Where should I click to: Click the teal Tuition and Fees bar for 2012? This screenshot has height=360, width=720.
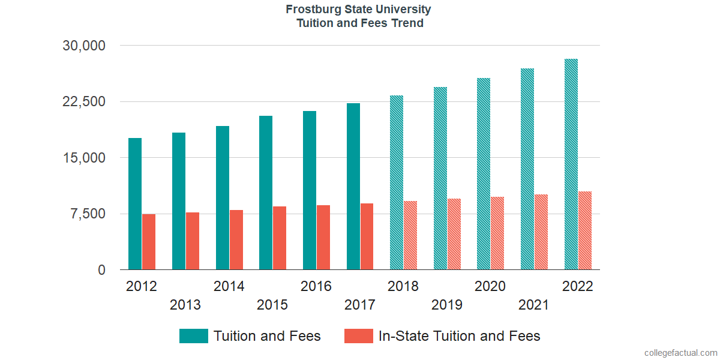(135, 204)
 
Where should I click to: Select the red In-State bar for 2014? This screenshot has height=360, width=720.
(236, 240)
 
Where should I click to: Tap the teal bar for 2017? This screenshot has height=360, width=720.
(353, 187)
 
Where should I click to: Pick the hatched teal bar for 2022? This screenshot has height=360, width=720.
(571, 164)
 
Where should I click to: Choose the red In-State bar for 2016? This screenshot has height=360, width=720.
(323, 238)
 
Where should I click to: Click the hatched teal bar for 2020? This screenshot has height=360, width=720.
(484, 174)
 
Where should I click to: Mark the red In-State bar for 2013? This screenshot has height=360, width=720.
(193, 241)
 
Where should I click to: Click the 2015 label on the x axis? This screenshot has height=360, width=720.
(272, 305)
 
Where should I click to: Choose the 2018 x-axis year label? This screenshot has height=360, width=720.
(403, 286)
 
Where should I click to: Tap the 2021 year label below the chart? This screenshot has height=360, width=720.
(534, 305)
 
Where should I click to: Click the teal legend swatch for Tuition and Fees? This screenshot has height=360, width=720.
(194, 336)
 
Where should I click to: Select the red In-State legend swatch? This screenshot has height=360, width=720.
(359, 336)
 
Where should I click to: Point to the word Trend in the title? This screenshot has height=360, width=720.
(407, 23)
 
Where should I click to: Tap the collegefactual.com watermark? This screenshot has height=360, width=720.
(680, 353)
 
